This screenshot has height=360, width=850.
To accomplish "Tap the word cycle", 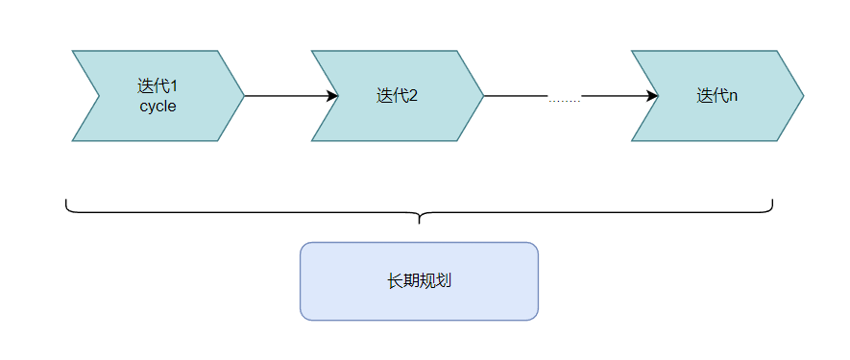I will pos(158,107).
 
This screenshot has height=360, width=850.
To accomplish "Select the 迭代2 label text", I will pos(397,96).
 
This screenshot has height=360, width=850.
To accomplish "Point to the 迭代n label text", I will pos(716,96).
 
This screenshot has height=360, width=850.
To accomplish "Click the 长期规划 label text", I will pos(419,281).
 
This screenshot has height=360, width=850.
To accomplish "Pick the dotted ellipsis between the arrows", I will pos(565,100).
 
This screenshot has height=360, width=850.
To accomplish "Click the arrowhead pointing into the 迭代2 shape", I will pos(333,96).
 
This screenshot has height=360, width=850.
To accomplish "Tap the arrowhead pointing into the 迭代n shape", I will pos(652,96).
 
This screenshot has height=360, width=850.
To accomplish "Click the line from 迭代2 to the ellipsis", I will pos(515,96).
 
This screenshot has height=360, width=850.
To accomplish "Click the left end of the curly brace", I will pos(66,201).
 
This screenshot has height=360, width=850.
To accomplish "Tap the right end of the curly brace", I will pos(772,201).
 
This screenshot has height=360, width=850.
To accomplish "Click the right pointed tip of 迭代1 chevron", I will pos(244,96).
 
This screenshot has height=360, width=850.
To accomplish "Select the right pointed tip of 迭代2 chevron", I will pos(483,96).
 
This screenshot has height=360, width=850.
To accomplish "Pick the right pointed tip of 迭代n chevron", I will pos(803,96).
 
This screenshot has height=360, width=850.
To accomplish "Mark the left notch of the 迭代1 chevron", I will pos(100,96).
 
